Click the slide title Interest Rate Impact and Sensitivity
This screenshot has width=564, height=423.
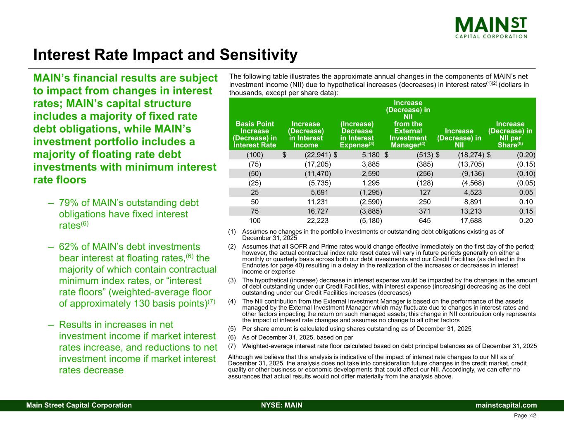pyautogui.click(x=165, y=55)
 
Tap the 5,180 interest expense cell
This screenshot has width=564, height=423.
pyautogui.click(x=370, y=155)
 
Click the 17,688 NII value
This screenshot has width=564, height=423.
pyautogui.click(x=471, y=221)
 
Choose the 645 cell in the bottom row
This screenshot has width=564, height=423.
pyautogui.click(x=425, y=221)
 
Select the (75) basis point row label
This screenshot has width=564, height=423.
pyautogui.click(x=255, y=164)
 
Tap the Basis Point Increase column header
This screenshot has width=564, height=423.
pyautogui.click(x=255, y=134)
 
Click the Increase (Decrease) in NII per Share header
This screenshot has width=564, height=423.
pyautogui.click(x=510, y=134)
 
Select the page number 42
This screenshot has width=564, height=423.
pyautogui.click(x=533, y=416)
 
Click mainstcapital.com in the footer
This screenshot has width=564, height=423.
pyautogui.click(x=506, y=405)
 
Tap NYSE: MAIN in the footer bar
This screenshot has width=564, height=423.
pyautogui.click(x=282, y=405)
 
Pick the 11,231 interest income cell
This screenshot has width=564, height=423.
pyautogui.click(x=318, y=202)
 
